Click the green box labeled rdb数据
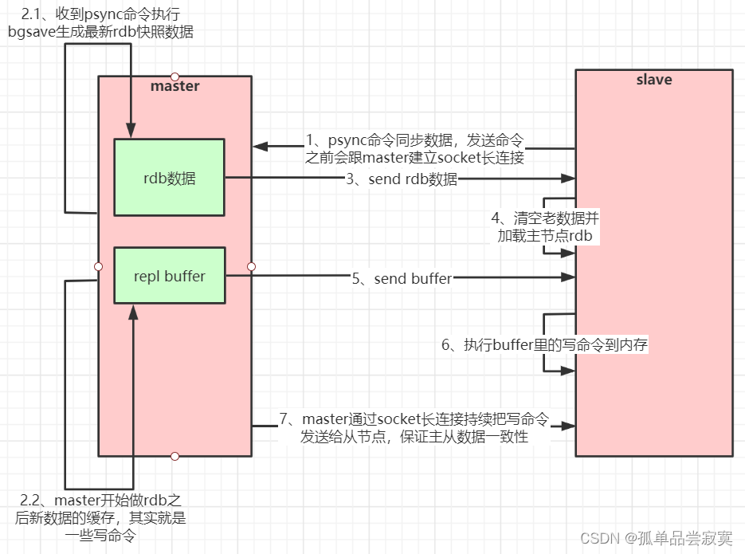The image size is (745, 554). [x=169, y=178]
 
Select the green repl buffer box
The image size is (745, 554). [x=169, y=276]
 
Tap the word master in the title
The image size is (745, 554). [x=174, y=86]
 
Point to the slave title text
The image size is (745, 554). [x=653, y=80]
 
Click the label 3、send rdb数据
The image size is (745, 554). [x=402, y=179]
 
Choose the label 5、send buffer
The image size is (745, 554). [x=402, y=278]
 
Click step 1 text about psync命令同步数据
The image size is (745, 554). [x=414, y=149]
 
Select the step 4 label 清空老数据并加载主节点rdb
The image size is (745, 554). [x=544, y=226]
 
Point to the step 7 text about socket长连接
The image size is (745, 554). [x=414, y=428]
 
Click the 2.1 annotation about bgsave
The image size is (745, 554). [x=100, y=22]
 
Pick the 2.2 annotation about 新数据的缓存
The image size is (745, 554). [x=100, y=518]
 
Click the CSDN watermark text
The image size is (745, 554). [x=656, y=538]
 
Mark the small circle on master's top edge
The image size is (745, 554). [x=174, y=77]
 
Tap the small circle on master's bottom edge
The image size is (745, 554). [x=174, y=456]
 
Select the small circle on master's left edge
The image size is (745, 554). [x=99, y=266]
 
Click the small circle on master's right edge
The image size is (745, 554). [x=251, y=266]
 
